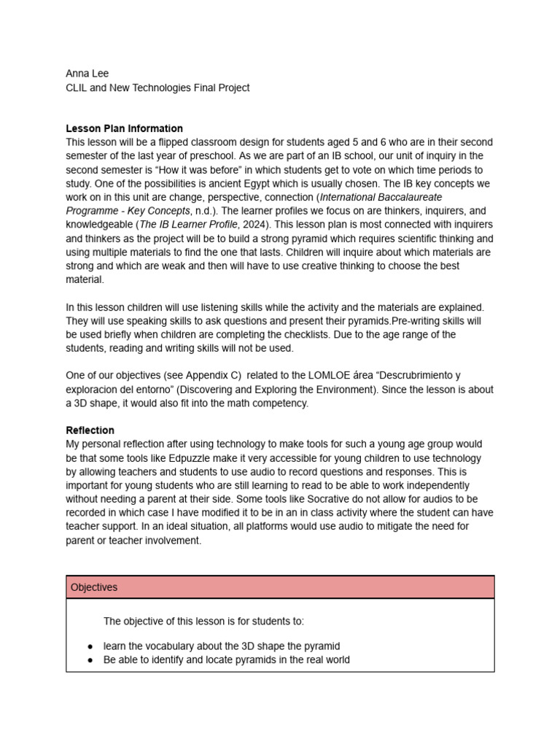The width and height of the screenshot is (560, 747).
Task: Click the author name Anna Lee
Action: (x=87, y=74)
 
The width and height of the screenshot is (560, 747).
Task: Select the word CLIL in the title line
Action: (x=77, y=88)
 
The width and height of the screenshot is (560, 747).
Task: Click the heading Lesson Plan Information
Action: (x=124, y=128)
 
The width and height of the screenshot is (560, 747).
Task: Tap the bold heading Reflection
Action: (x=90, y=430)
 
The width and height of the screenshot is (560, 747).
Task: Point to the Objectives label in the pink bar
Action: (x=94, y=587)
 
